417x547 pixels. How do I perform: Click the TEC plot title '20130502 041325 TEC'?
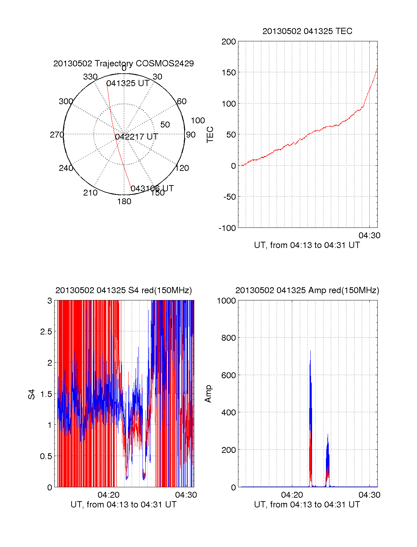(x=307, y=31)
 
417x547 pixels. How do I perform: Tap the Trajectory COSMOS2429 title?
(x=123, y=64)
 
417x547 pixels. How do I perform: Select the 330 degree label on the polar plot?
(x=90, y=77)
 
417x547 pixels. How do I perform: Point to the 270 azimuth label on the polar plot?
(x=57, y=135)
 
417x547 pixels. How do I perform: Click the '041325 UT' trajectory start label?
(x=128, y=83)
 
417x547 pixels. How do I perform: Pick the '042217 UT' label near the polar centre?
(x=137, y=137)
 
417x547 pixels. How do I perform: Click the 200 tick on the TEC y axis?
(x=229, y=42)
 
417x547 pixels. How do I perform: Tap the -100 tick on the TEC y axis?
(x=227, y=228)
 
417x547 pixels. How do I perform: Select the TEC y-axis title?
(x=210, y=134)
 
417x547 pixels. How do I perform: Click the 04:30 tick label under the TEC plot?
(x=369, y=235)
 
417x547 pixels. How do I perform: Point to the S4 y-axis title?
(x=32, y=394)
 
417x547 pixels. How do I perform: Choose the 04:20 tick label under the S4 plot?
(x=108, y=495)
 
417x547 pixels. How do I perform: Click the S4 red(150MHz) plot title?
(x=123, y=290)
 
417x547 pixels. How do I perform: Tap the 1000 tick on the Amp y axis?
(x=226, y=301)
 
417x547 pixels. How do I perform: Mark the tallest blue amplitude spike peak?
(x=310, y=351)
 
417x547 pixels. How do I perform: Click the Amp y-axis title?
(x=208, y=394)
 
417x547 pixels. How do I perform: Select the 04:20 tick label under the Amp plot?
(x=292, y=495)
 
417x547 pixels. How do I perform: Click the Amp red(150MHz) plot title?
(x=307, y=290)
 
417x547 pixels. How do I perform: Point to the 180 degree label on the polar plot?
(x=124, y=201)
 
